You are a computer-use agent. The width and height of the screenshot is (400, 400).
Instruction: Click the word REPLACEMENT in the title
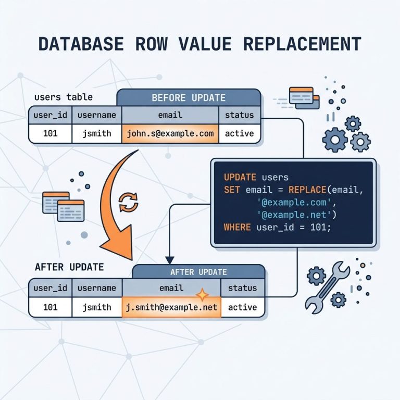302,44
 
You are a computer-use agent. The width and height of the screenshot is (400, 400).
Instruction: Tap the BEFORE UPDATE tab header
189,97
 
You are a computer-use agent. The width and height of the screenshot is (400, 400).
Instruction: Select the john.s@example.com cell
170,133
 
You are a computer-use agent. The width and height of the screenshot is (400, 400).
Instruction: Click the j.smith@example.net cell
171,307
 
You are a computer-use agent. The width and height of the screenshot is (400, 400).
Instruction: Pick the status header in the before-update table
239,115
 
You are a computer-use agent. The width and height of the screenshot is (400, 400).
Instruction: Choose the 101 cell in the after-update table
50,307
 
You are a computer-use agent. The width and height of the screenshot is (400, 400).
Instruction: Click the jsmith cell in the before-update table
97,133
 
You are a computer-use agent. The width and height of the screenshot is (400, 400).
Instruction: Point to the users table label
64,97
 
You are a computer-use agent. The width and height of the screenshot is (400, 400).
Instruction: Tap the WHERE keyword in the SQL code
238,227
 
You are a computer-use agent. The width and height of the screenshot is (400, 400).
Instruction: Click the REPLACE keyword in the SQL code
307,190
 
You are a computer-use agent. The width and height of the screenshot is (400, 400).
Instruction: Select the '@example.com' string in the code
295,202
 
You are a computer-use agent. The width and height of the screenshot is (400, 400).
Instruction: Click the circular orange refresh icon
129,203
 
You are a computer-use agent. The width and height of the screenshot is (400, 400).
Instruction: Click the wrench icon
327,287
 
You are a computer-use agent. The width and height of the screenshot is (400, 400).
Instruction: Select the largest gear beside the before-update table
335,140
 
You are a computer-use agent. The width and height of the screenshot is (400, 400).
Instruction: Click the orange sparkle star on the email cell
202,295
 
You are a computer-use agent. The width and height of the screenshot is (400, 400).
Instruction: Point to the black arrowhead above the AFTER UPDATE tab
170,260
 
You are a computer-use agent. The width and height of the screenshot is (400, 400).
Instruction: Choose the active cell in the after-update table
242,307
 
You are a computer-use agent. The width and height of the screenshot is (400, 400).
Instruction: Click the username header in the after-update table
97,288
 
